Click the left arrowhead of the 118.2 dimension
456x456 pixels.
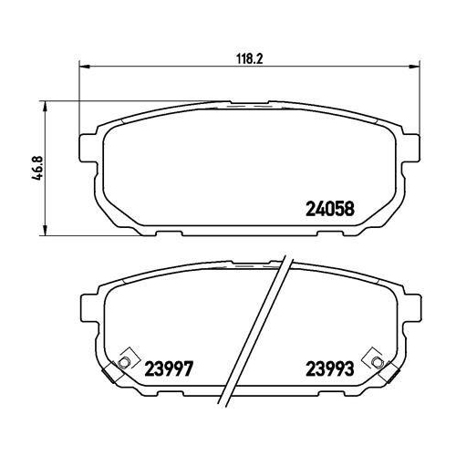click(85, 65)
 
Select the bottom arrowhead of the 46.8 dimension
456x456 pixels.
click(46, 233)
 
